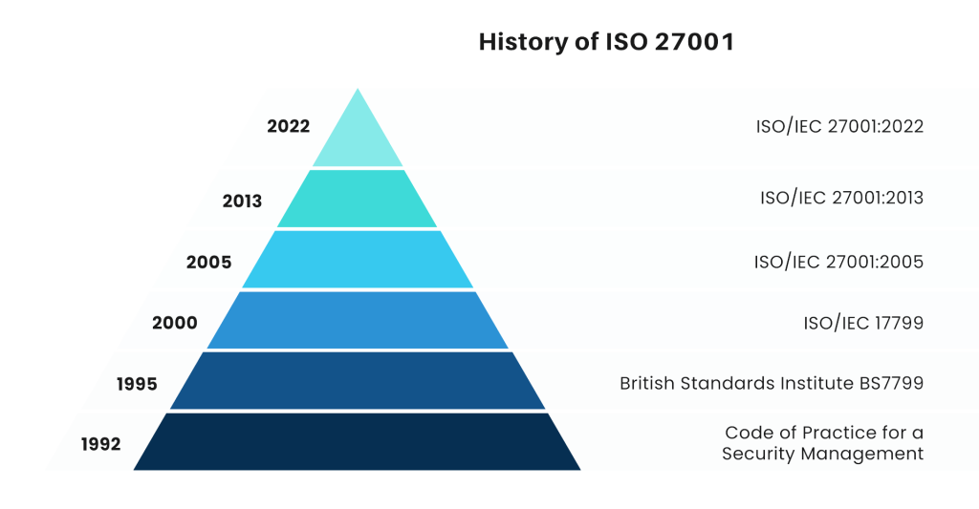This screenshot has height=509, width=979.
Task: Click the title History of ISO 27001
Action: coord(604,42)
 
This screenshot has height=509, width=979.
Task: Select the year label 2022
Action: coord(289,126)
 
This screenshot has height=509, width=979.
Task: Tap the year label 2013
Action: coord(242,201)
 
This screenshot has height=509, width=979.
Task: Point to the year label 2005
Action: coord(208,262)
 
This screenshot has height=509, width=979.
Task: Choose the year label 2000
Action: coord(175,323)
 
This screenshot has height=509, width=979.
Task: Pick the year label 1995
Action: coord(137,384)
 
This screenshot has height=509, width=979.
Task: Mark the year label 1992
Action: coord(100,444)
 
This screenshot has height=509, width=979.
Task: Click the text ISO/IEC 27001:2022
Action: coord(838,126)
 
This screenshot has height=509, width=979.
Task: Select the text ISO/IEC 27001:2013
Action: coord(841,199)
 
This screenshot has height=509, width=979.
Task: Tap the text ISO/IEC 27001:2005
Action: coord(838,261)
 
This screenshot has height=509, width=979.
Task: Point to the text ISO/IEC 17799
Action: coord(863,323)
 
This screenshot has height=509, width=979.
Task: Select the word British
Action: coord(649,384)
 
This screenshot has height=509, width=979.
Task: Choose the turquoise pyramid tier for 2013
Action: coord(359,199)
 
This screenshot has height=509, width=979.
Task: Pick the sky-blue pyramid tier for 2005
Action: coord(359,260)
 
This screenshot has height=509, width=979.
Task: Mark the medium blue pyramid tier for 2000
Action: coord(359,321)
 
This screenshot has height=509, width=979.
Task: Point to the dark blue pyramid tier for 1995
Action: coord(359,382)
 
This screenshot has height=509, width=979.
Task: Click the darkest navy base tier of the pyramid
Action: coord(359,442)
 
